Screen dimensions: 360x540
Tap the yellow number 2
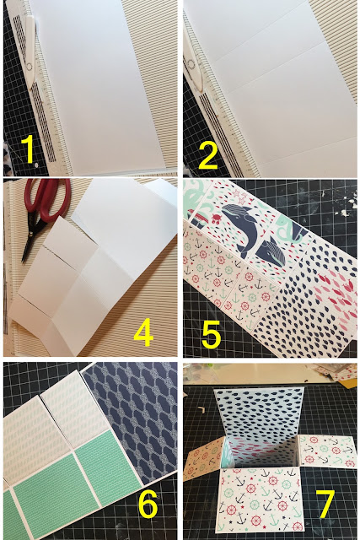click(208, 154)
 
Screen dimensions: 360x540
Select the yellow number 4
click(143, 332)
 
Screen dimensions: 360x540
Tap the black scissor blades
click(30, 241)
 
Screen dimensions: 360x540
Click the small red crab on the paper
click(216, 218)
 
